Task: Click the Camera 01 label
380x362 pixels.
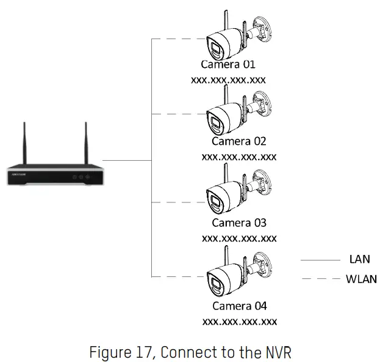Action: point(228,64)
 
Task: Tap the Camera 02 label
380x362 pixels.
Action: point(238,141)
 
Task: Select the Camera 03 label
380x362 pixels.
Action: point(238,223)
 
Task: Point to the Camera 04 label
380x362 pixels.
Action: point(238,306)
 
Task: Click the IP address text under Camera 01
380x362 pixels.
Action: point(228,79)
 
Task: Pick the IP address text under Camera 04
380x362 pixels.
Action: point(238,321)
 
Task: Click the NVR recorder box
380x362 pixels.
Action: point(53,174)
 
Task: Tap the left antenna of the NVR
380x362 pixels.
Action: point(25,144)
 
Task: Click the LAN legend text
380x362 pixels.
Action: point(359,260)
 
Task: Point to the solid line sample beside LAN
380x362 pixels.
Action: point(320,260)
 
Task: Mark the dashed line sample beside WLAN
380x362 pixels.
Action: point(320,279)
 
